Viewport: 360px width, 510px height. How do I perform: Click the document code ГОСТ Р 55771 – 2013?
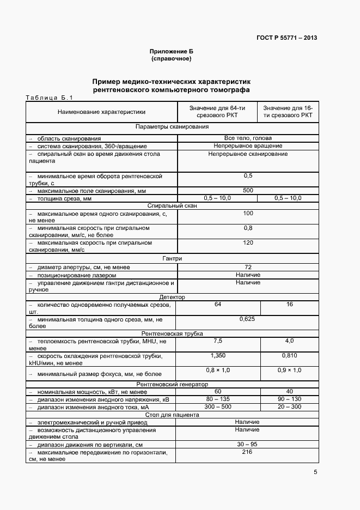coord(286,38)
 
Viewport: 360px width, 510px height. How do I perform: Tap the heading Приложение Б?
coord(171,51)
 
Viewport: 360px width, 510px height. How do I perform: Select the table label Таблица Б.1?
coord(48,98)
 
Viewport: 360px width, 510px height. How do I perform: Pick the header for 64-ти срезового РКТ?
coord(218,112)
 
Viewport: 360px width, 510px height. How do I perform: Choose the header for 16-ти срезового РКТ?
coord(288,112)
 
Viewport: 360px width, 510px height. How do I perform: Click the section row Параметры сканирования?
coord(172,126)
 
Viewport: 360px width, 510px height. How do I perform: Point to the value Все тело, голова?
coord(248,138)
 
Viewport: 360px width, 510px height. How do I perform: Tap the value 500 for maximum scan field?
coord(248,191)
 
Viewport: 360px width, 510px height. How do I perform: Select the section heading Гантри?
coord(172,258)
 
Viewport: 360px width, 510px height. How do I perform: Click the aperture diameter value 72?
coord(248,267)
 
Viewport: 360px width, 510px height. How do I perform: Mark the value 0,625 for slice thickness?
coord(248,319)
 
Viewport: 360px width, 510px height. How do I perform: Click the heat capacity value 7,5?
coord(218,341)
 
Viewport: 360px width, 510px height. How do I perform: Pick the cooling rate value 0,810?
coord(289,355)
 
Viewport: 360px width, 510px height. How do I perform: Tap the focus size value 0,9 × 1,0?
coord(289,371)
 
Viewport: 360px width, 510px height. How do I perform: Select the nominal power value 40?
coord(289,392)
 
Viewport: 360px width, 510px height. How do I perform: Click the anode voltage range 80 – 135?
coord(218,399)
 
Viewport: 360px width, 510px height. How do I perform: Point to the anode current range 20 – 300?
coord(289,407)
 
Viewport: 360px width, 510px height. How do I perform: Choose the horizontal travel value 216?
coord(248,452)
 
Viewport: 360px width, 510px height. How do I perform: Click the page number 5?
coord(316,472)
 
